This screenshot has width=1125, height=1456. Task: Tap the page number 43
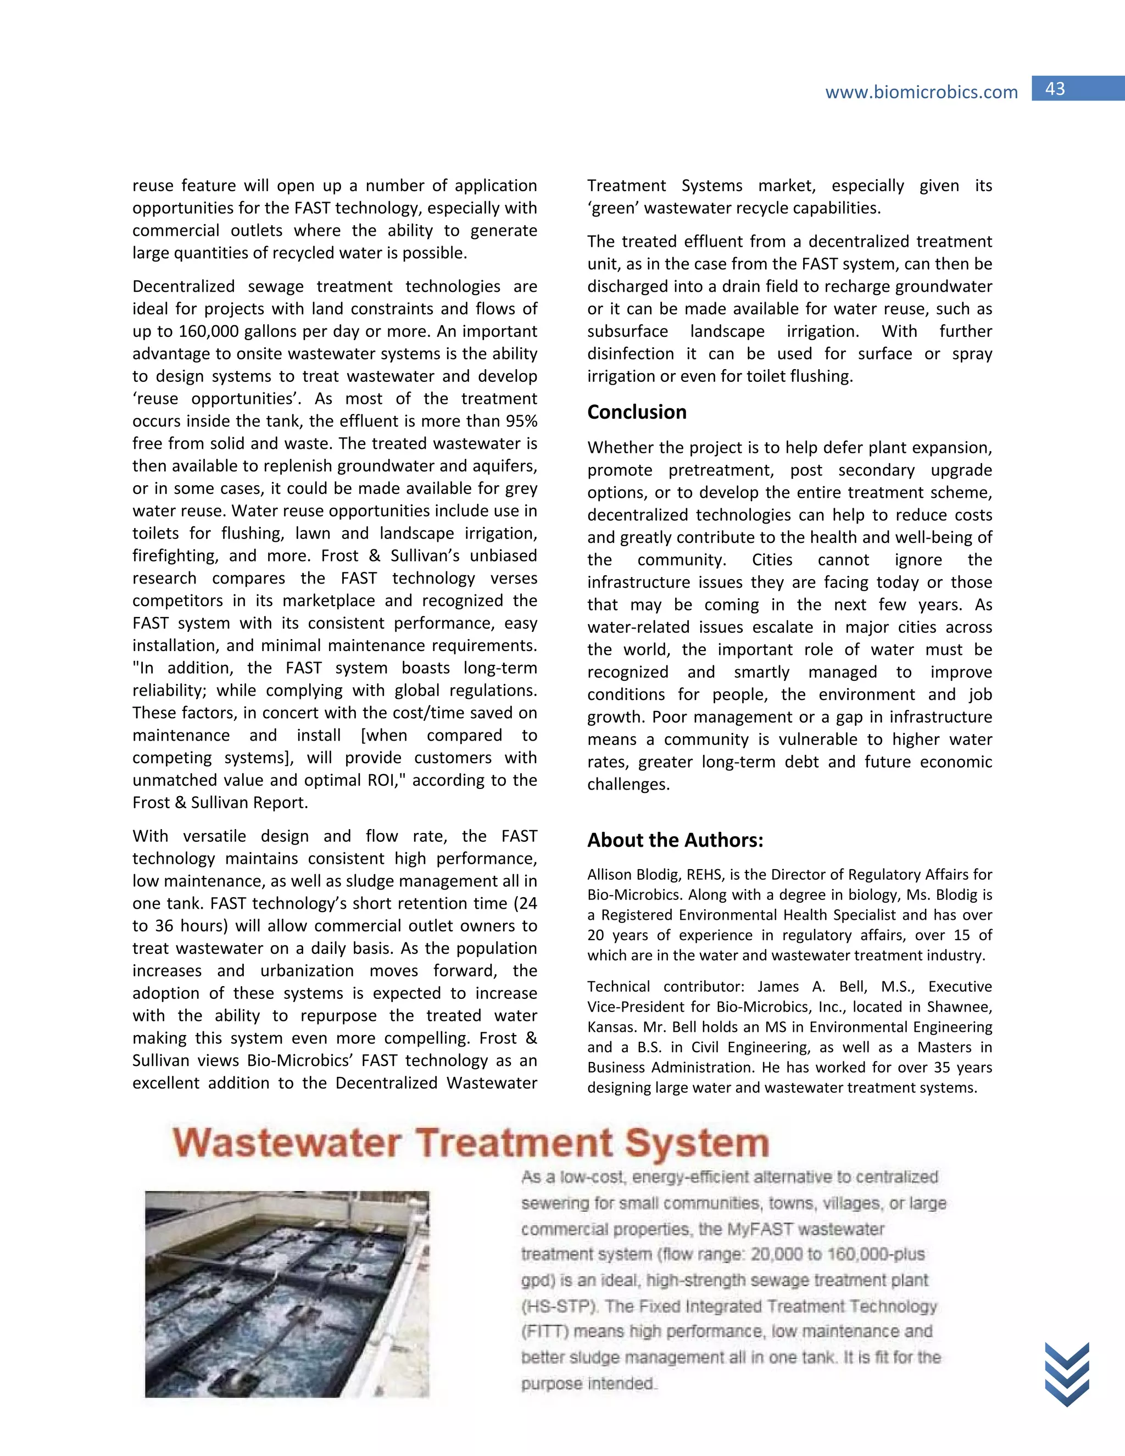(x=1055, y=88)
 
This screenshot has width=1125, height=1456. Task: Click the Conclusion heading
(x=637, y=412)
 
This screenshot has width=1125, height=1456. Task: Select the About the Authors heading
(x=675, y=840)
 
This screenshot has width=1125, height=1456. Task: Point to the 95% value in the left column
(x=520, y=421)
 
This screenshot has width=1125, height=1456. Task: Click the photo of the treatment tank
(x=287, y=1294)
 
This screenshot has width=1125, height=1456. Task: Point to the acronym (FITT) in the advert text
(x=544, y=1331)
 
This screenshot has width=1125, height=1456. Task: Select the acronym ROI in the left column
(x=381, y=781)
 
